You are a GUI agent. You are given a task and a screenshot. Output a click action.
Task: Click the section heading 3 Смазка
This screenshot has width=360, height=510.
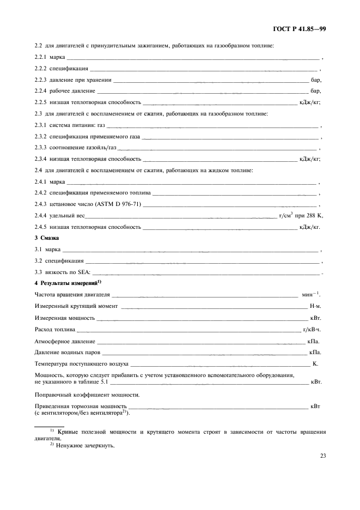[47, 239]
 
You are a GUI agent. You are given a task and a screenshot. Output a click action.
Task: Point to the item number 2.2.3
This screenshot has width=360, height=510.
[41, 80]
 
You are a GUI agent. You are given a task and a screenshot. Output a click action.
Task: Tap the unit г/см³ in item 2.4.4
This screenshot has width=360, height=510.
[286, 216]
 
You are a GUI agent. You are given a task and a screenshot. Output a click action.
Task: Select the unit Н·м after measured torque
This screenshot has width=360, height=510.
[315, 306]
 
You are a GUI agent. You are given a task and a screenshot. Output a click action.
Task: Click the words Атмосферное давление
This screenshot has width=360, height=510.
[65, 341]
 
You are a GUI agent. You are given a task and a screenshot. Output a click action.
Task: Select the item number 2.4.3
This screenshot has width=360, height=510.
[41, 204]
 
